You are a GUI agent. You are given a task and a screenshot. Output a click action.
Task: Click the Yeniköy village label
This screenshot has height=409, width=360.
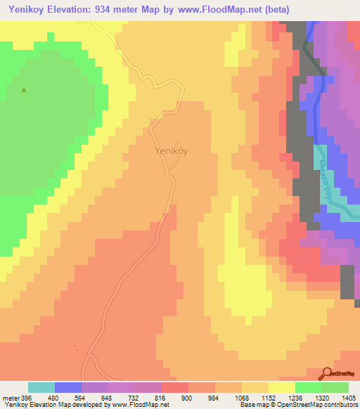171,150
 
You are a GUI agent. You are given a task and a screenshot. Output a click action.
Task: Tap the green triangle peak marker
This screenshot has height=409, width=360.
25,90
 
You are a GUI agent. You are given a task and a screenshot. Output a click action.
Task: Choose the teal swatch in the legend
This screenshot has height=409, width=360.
41,387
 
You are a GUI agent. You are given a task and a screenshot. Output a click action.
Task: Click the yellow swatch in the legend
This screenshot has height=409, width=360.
281,387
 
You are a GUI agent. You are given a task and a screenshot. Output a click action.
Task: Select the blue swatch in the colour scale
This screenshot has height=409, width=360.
68,387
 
